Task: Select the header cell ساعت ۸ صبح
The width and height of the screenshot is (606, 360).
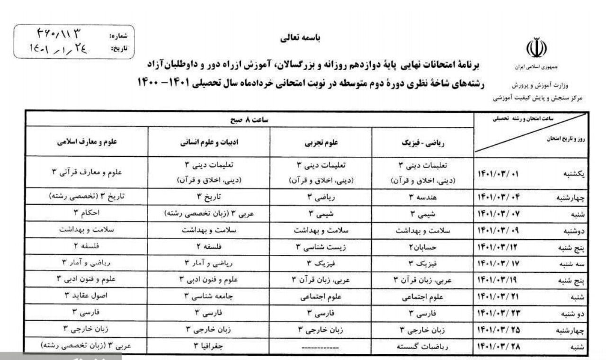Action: point(249,120)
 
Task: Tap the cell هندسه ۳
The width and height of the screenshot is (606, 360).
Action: point(422,197)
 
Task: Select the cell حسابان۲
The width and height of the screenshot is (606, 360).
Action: point(422,246)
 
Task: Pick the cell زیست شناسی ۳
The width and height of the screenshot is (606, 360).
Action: point(320,246)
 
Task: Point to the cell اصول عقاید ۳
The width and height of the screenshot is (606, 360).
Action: point(87,296)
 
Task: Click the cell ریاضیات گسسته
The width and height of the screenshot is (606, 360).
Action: point(422,346)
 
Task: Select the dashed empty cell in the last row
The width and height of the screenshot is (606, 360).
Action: point(320,346)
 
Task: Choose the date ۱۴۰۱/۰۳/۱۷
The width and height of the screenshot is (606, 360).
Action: point(500,263)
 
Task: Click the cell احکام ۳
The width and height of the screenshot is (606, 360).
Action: point(87,213)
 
